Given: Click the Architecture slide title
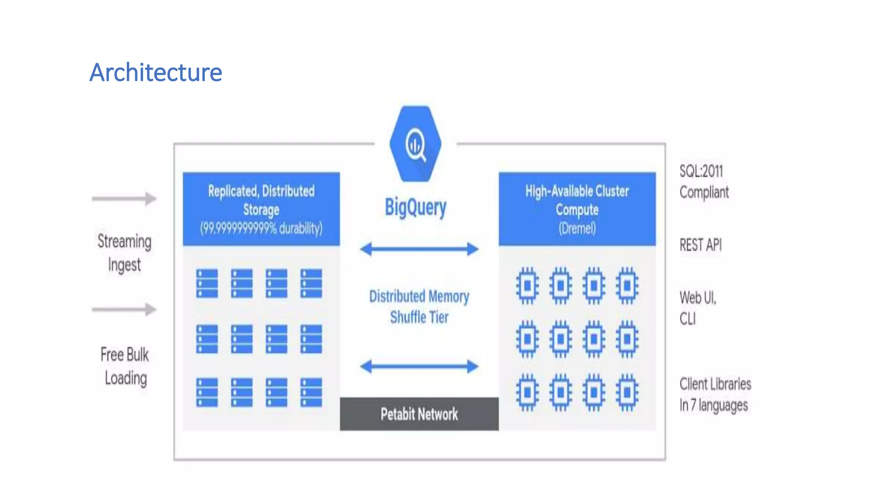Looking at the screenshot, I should (x=156, y=72).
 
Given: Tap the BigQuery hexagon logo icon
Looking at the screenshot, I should (x=415, y=144).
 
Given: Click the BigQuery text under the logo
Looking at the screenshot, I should (x=415, y=208).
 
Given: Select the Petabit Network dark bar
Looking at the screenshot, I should (x=419, y=414).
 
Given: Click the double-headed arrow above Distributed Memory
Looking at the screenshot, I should (x=419, y=249).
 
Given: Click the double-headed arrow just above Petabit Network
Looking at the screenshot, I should (x=419, y=366).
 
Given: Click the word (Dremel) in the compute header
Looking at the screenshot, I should (x=577, y=228).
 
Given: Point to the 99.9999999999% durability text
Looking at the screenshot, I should (x=261, y=228).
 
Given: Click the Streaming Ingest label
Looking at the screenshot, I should (x=124, y=253).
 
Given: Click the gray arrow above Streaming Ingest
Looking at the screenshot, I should (x=124, y=199).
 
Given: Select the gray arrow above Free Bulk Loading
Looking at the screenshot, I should (x=124, y=309).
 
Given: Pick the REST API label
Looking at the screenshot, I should (x=700, y=245).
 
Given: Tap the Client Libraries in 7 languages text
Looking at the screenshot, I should (x=715, y=395).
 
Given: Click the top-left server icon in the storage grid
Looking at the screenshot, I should (x=207, y=283).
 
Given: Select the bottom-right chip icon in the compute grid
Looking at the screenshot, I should (x=627, y=392).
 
